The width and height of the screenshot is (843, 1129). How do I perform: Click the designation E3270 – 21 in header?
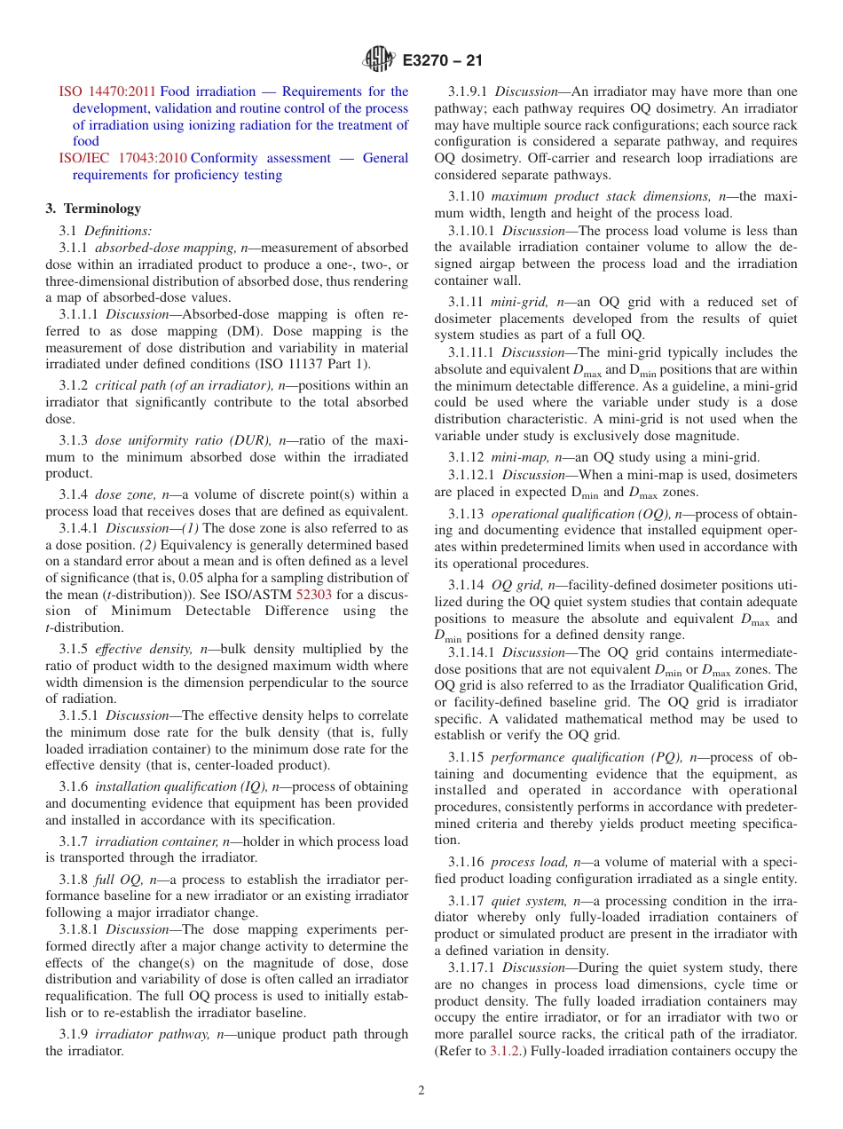(442, 61)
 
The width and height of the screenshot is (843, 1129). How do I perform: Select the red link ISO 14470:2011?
(107, 91)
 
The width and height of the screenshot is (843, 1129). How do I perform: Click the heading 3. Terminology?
(93, 209)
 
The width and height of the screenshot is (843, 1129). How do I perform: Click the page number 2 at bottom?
(421, 1091)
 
